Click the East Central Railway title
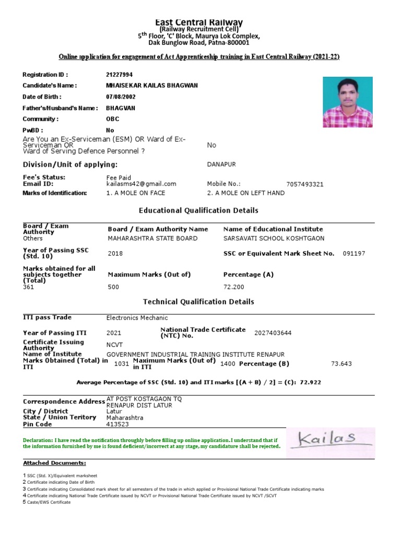click(x=198, y=22)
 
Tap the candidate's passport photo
click(x=347, y=102)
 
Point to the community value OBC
click(x=112, y=119)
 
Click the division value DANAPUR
click(x=221, y=164)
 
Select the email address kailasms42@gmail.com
click(x=141, y=184)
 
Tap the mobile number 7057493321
click(x=305, y=184)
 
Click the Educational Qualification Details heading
click(x=198, y=211)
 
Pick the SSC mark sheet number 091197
click(x=354, y=253)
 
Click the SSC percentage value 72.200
click(x=233, y=287)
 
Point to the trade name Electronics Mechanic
click(x=137, y=318)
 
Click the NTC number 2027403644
click(x=273, y=333)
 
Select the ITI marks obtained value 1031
click(x=121, y=364)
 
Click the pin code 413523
click(x=117, y=424)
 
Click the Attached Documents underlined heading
click(x=55, y=463)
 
